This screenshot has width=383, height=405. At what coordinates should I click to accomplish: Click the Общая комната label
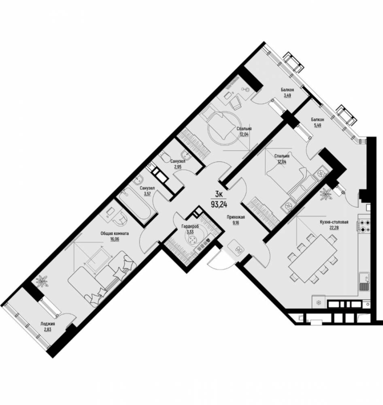tap(115, 233)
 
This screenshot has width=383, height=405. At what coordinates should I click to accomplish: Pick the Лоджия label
tap(47, 324)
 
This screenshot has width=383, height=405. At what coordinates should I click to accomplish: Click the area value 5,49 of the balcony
tap(317, 126)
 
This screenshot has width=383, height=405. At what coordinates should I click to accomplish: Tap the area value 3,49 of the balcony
tap(287, 96)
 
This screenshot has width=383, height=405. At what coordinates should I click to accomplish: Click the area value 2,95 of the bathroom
tap(178, 166)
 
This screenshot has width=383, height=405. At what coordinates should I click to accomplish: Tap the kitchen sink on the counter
tap(364, 281)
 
